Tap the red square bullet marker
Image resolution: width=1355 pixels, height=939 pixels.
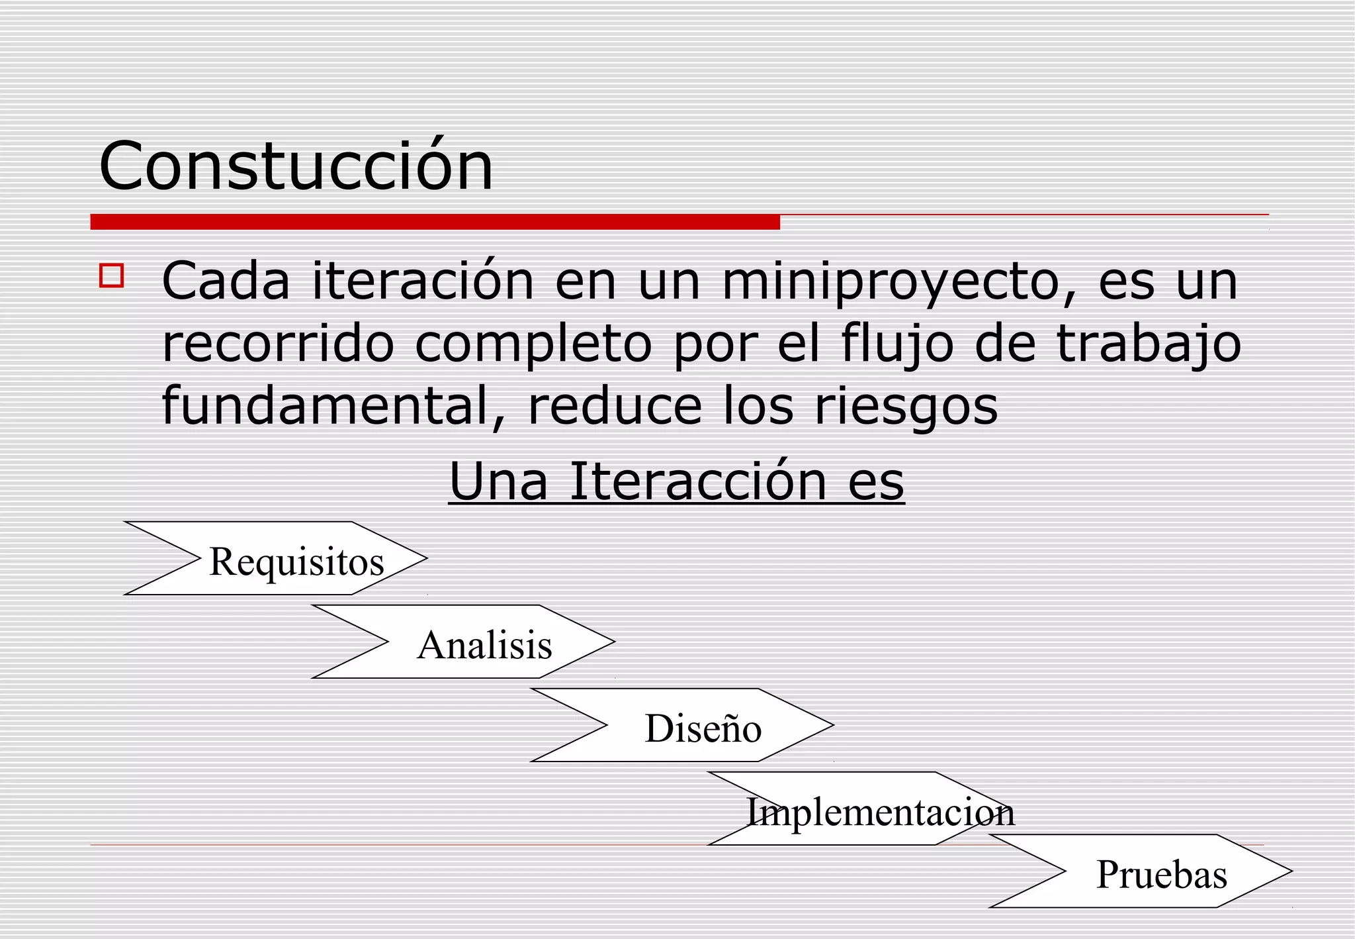tap(112, 275)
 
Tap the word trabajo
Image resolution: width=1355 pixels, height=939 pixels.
tap(1149, 345)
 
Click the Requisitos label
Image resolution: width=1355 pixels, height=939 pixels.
tap(296, 562)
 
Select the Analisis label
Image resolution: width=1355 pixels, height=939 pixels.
tap(484, 645)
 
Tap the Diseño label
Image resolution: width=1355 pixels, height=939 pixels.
tap(703, 728)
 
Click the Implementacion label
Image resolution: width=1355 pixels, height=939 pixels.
tap(880, 812)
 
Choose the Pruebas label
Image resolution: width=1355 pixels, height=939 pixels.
tap(1161, 874)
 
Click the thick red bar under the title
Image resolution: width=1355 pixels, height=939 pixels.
tap(435, 222)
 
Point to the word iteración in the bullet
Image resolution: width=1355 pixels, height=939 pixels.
tap(423, 281)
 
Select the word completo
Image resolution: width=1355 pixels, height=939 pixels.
tap(533, 345)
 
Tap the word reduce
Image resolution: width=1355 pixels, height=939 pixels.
tap(615, 405)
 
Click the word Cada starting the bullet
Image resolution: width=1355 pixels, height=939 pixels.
tap(226, 281)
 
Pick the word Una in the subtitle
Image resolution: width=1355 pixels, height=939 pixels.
tap(498, 481)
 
